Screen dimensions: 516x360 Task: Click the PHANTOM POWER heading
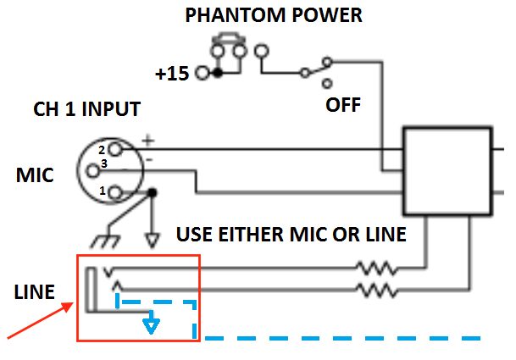(x=274, y=15)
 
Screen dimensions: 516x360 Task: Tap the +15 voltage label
(x=172, y=73)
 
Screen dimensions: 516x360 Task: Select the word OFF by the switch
(x=343, y=105)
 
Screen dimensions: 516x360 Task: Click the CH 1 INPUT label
(x=87, y=109)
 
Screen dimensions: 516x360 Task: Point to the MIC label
(x=35, y=174)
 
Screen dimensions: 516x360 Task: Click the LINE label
(x=34, y=291)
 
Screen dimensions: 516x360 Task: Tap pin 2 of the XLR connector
(x=115, y=149)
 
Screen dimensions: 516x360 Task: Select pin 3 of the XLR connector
(x=93, y=171)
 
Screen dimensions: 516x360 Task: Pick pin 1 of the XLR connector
(x=115, y=192)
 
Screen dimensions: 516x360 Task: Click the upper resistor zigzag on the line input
(x=377, y=269)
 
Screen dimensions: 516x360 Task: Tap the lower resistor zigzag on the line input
(x=377, y=291)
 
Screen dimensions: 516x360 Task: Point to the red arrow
(x=40, y=320)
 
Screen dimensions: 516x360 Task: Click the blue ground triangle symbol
(x=151, y=326)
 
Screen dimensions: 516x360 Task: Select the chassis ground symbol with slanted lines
(x=105, y=241)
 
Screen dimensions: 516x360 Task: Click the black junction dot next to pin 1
(x=152, y=192)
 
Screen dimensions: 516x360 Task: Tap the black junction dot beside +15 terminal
(x=218, y=73)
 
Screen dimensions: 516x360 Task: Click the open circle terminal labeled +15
(x=203, y=73)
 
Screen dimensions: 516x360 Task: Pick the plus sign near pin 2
(x=148, y=141)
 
